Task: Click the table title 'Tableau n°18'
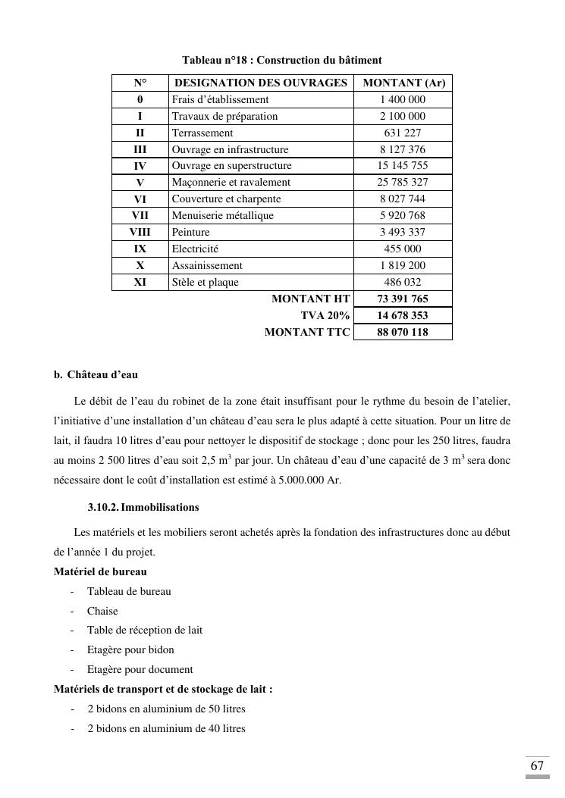click(x=281, y=60)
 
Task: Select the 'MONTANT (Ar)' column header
click(x=403, y=83)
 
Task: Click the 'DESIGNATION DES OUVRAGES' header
click(x=261, y=83)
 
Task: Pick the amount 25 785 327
click(x=403, y=182)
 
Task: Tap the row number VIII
click(x=140, y=232)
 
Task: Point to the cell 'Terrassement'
click(x=202, y=133)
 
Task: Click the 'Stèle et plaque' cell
click(x=206, y=282)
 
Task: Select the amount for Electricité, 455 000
click(x=403, y=249)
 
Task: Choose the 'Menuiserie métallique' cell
click(x=223, y=215)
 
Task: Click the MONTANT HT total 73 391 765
click(x=403, y=299)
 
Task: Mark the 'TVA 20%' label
click(x=325, y=315)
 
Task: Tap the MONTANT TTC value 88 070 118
click(x=403, y=332)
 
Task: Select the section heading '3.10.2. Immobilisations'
click(x=143, y=507)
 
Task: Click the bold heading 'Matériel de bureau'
click(x=100, y=571)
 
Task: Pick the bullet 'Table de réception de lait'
click(x=145, y=630)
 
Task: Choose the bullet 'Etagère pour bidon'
click(x=130, y=649)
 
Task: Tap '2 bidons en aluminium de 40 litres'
click(x=166, y=728)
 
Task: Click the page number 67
click(x=537, y=765)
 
